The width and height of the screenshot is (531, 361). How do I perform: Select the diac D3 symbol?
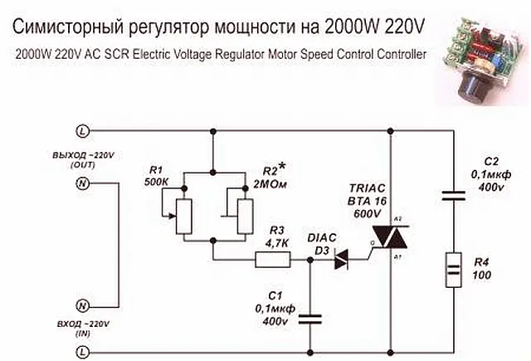tap(339, 260)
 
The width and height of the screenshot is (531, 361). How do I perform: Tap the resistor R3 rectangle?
tap(272, 260)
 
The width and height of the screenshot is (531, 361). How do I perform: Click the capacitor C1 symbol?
tap(310, 317)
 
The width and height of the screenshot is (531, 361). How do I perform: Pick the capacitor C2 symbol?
tap(453, 196)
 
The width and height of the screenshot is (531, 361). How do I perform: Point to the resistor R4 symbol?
tap(453, 267)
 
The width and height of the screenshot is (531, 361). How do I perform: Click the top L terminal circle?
tap(82, 131)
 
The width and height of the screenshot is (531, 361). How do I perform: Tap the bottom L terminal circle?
tap(82, 349)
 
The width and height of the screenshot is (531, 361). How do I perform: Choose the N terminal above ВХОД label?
tap(82, 305)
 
